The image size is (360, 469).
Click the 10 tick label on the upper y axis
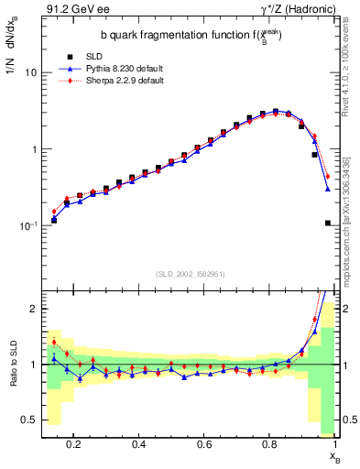click(x=30, y=72)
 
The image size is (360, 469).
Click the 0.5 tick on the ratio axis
click(x=29, y=420)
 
